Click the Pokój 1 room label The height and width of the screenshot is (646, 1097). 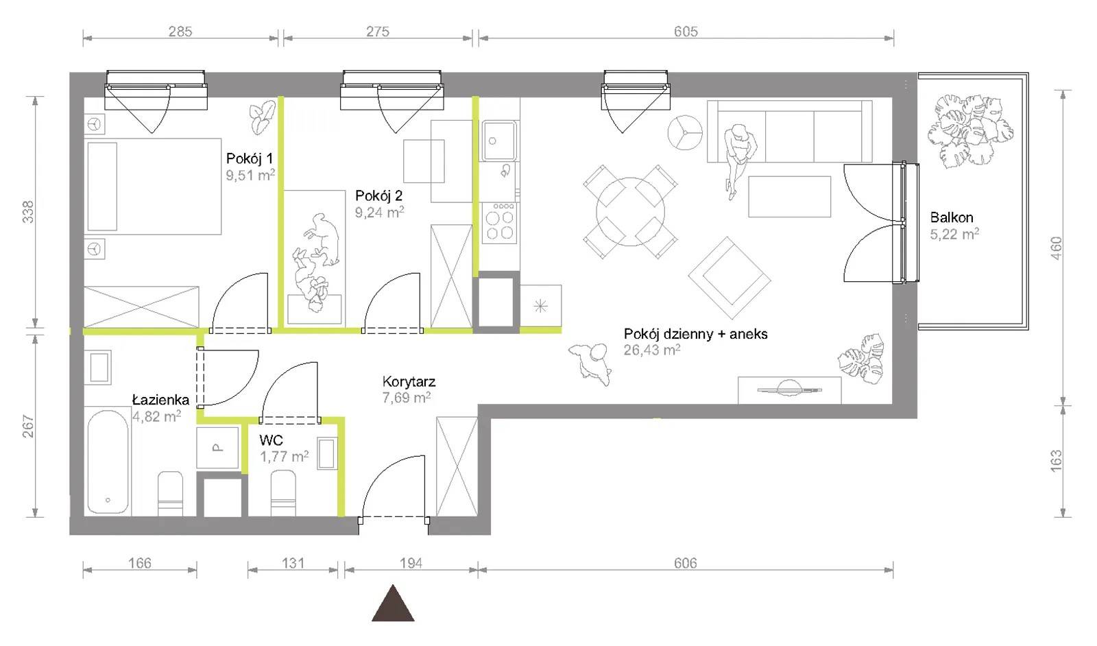[x=250, y=158]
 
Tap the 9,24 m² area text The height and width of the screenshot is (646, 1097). [x=380, y=212]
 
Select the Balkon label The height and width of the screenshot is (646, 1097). [x=952, y=217]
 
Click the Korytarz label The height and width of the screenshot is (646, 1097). [x=409, y=381]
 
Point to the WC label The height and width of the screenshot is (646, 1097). [x=272, y=440]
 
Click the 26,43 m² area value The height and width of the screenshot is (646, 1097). [x=652, y=350]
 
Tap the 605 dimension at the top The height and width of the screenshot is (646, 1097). [x=686, y=32]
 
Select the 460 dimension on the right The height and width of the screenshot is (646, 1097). [x=1057, y=248]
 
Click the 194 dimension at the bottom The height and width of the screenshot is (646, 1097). [x=411, y=563]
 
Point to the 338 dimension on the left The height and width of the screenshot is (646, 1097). [x=28, y=212]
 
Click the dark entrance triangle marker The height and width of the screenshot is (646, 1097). [x=393, y=604]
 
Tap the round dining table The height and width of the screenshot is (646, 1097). [x=630, y=212]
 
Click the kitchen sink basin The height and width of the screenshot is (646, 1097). [x=499, y=141]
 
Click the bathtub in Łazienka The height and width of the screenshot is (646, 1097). [x=108, y=462]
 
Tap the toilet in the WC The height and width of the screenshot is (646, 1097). [x=283, y=492]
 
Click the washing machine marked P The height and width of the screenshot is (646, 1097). [x=217, y=448]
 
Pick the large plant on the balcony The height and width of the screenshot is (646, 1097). [x=970, y=129]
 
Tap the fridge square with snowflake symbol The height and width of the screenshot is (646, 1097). [x=541, y=306]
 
